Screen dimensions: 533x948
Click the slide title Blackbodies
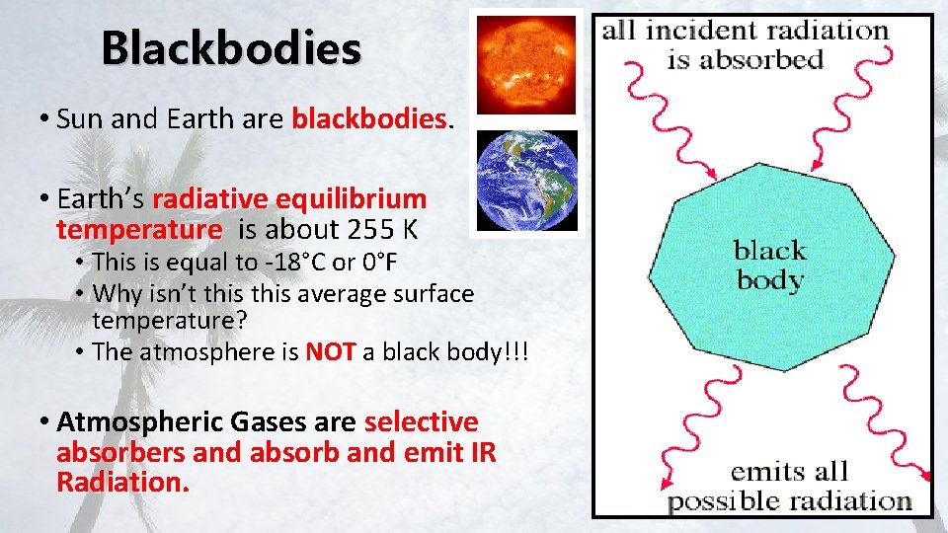pos(231,46)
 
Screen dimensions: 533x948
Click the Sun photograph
pos(524,63)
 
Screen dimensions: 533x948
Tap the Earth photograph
pos(524,182)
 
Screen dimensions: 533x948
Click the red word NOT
pos(330,352)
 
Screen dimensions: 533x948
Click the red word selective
pos(421,422)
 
